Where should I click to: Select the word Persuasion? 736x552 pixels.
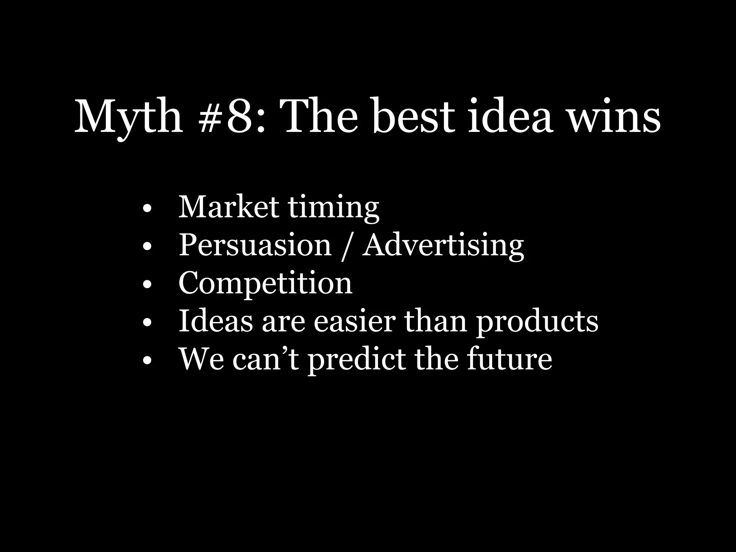click(255, 245)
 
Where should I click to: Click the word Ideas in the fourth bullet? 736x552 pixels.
click(216, 321)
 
